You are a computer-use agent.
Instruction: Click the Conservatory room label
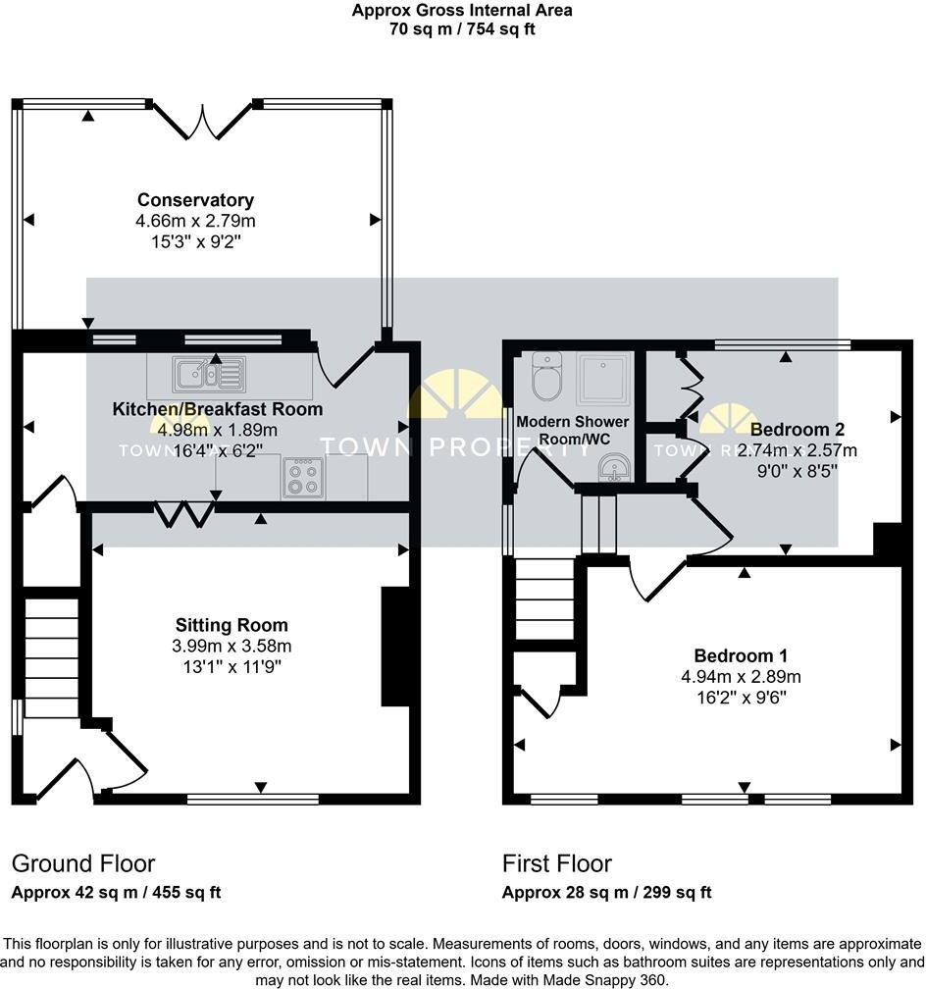coord(195,200)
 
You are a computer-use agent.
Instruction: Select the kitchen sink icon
coord(208,374)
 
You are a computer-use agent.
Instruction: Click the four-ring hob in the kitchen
coord(303,478)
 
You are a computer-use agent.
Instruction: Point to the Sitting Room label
coord(231,625)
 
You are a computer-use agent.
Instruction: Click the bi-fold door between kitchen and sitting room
coord(185,512)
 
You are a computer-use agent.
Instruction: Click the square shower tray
coord(603,378)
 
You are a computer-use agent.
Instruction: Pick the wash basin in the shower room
coord(613,468)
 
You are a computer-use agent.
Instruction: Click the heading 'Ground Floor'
coord(83,863)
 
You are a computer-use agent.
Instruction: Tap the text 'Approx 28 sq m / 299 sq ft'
coord(606,893)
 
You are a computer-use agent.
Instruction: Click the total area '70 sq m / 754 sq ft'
coord(462,28)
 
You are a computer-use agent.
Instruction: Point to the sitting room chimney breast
coord(394,647)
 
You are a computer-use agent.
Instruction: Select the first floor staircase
coord(541,599)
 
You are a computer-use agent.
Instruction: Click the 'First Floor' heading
coord(557,863)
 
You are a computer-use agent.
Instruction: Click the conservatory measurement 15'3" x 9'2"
coord(195,239)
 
